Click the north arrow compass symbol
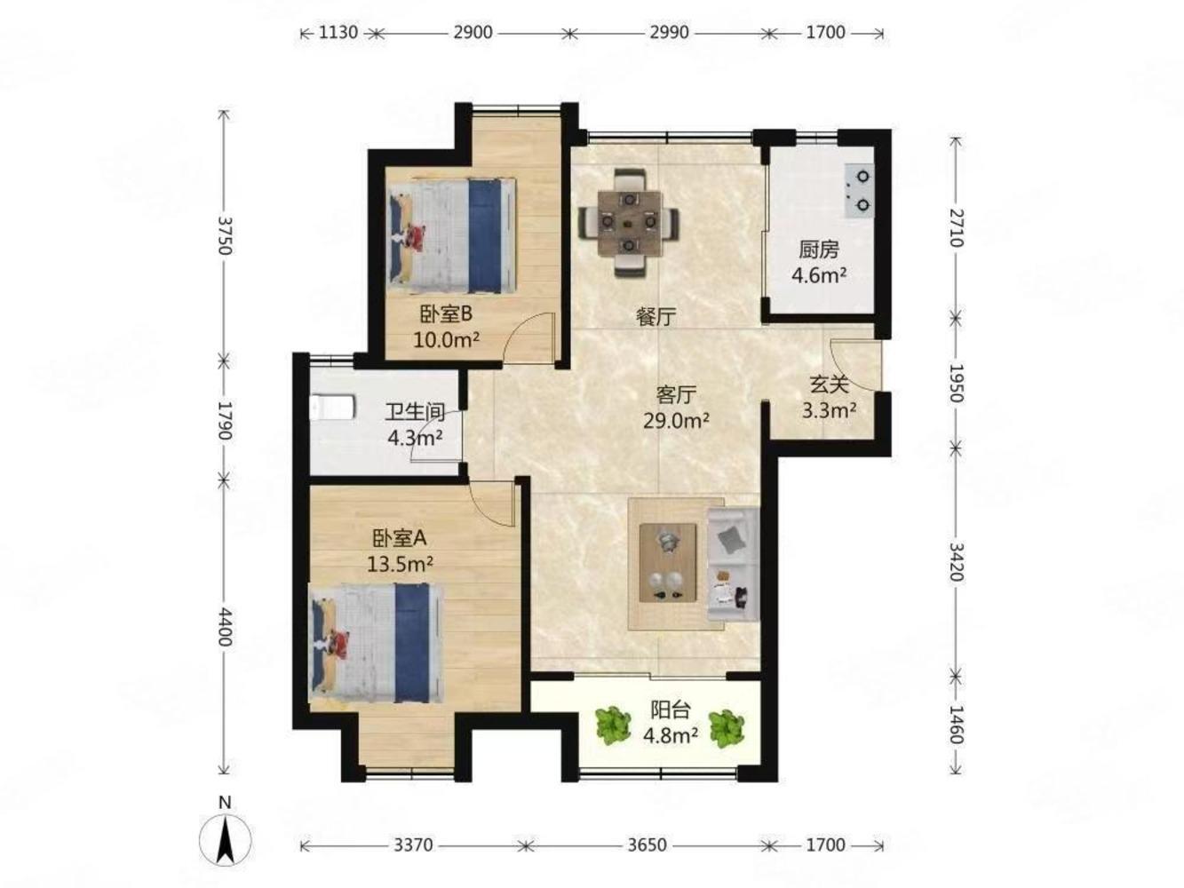coord(225,840)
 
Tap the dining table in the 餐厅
coord(629,223)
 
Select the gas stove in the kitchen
coord(859,190)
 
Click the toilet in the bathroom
coord(333,408)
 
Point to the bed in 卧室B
coord(452,236)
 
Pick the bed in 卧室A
coord(376,644)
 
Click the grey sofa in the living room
coord(733,564)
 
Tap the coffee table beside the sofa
coord(667,562)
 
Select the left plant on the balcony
coord(613,726)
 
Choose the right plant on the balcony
coord(727,728)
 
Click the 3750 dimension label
coord(226,235)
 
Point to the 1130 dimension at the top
coord(338,33)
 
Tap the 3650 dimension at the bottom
coord(648,844)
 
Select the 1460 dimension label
coord(956,725)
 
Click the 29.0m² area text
coord(676,421)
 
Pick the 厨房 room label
coord(818,250)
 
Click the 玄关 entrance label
coord(829,385)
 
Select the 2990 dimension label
coord(669,33)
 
